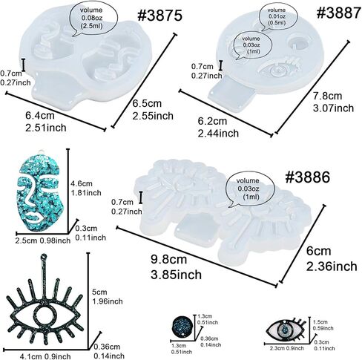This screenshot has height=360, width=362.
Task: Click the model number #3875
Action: pyautogui.click(x=159, y=16)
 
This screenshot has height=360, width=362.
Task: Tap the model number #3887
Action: pyautogui.click(x=339, y=13)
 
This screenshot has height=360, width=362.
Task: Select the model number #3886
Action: pyautogui.click(x=308, y=177)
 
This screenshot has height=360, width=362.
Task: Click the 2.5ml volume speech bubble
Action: pyautogui.click(x=93, y=18)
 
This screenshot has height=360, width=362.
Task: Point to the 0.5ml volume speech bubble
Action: pyautogui.click(x=277, y=16)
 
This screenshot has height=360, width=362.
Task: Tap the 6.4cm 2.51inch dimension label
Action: pyautogui.click(x=46, y=122)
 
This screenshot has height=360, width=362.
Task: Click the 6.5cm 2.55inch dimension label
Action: pyautogui.click(x=153, y=110)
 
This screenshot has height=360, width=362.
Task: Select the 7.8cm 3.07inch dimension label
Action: pyautogui.click(x=333, y=102)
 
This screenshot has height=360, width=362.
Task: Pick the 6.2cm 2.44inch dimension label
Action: pyautogui.click(x=218, y=127)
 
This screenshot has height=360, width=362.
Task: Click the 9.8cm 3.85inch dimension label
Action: pyautogui.click(x=176, y=267)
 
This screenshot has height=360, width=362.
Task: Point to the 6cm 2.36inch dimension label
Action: pyautogui.click(x=332, y=259)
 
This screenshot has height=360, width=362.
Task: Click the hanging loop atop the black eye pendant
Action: pyautogui.click(x=45, y=256)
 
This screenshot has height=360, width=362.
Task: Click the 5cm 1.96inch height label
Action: pyautogui.click(x=108, y=297)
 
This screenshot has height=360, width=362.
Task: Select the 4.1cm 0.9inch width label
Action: pyautogui.click(x=45, y=356)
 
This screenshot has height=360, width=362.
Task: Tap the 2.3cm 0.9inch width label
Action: pyautogui.click(x=287, y=348)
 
